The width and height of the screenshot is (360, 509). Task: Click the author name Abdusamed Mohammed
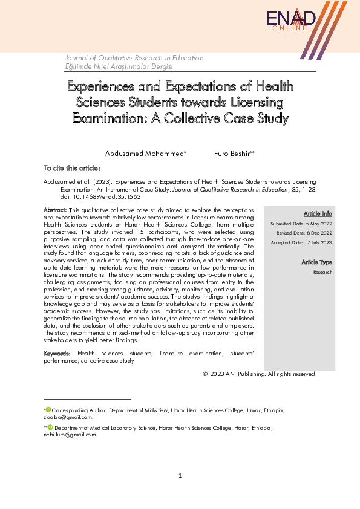145,154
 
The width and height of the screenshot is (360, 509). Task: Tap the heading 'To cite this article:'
71,168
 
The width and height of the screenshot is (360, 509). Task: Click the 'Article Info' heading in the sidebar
317,213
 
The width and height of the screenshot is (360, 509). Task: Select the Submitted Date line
301,224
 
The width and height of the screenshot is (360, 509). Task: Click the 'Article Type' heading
317,262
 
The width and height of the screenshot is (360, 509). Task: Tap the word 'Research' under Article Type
323,273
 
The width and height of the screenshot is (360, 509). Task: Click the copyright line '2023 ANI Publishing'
260,374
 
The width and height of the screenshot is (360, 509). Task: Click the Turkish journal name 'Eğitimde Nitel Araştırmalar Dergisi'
119,66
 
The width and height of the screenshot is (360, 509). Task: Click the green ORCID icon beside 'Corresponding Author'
48,410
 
